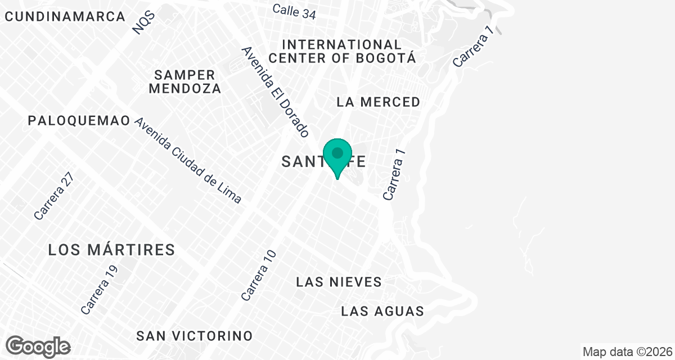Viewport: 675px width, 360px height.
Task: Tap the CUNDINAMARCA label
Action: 65,16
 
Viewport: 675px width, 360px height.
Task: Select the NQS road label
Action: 144,22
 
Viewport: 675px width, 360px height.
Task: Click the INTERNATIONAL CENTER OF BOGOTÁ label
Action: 343,51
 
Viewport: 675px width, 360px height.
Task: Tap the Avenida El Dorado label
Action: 276,92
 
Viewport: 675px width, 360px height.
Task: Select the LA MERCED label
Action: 378,102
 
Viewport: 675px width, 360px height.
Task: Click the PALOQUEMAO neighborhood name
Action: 79,120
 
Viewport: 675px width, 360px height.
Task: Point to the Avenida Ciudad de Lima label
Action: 188,160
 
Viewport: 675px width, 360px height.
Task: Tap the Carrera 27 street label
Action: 53,195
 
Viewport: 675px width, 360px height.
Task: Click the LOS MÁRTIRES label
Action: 112,250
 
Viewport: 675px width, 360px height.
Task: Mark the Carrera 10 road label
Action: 259,275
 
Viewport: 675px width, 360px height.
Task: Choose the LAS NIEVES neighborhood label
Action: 339,282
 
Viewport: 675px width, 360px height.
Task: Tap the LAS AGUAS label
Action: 382,311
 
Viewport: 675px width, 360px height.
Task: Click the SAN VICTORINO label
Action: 195,336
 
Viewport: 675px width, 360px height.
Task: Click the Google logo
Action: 39,345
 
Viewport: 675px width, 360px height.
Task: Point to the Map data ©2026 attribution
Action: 626,352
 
